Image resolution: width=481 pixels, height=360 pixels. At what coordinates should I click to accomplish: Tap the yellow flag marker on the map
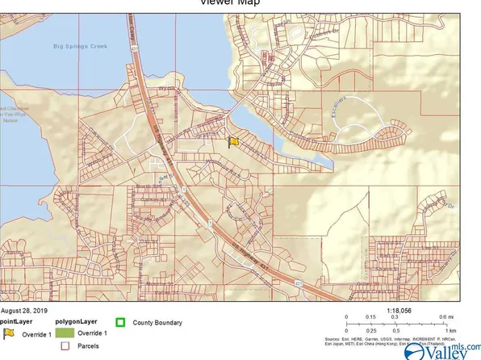(234, 141)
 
